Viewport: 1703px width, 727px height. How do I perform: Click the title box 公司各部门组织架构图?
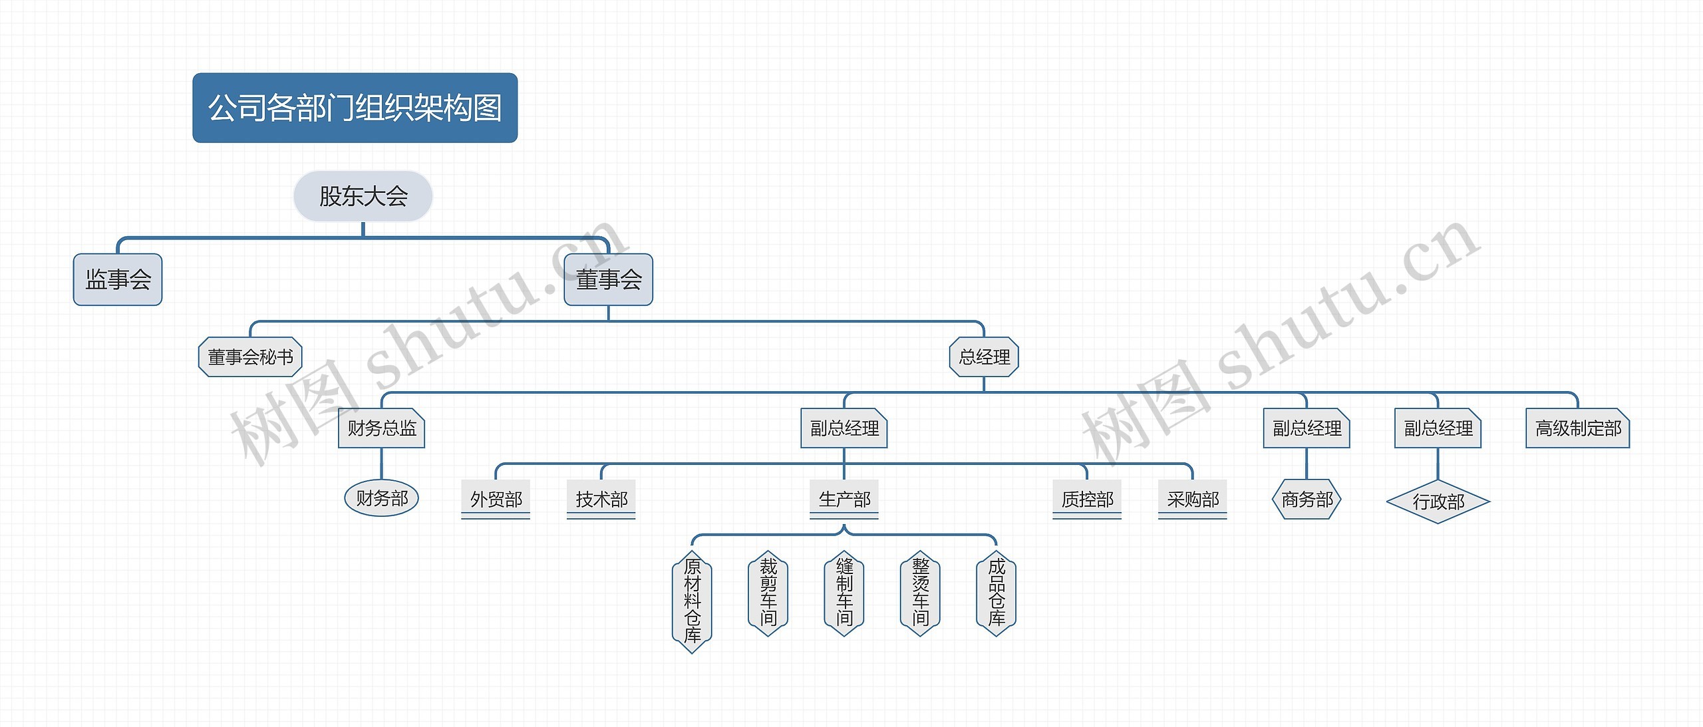point(355,108)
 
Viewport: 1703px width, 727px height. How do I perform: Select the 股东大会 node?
point(363,196)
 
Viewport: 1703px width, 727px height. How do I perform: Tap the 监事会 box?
point(118,279)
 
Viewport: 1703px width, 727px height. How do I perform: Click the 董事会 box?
point(608,279)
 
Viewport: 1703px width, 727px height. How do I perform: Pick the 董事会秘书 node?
point(250,357)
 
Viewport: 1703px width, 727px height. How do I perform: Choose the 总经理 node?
point(984,357)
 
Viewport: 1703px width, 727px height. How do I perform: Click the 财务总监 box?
point(381,428)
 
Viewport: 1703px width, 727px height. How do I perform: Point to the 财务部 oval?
point(381,498)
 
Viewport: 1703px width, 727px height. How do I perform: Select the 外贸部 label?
point(496,499)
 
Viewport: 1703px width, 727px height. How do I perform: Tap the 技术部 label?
point(601,499)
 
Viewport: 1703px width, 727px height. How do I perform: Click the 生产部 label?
point(844,499)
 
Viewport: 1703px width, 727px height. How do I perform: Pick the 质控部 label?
point(1087,499)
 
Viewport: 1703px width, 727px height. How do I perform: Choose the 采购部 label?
point(1193,499)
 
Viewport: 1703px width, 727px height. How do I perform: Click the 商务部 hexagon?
point(1307,499)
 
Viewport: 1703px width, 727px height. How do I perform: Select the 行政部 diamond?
point(1438,502)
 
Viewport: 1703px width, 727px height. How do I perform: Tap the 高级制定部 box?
point(1578,428)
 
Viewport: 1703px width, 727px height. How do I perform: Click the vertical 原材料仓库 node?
point(692,601)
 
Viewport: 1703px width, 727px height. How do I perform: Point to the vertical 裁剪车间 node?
point(768,593)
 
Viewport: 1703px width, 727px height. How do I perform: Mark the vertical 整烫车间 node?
point(920,593)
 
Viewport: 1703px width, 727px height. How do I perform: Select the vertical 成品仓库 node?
point(997,593)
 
